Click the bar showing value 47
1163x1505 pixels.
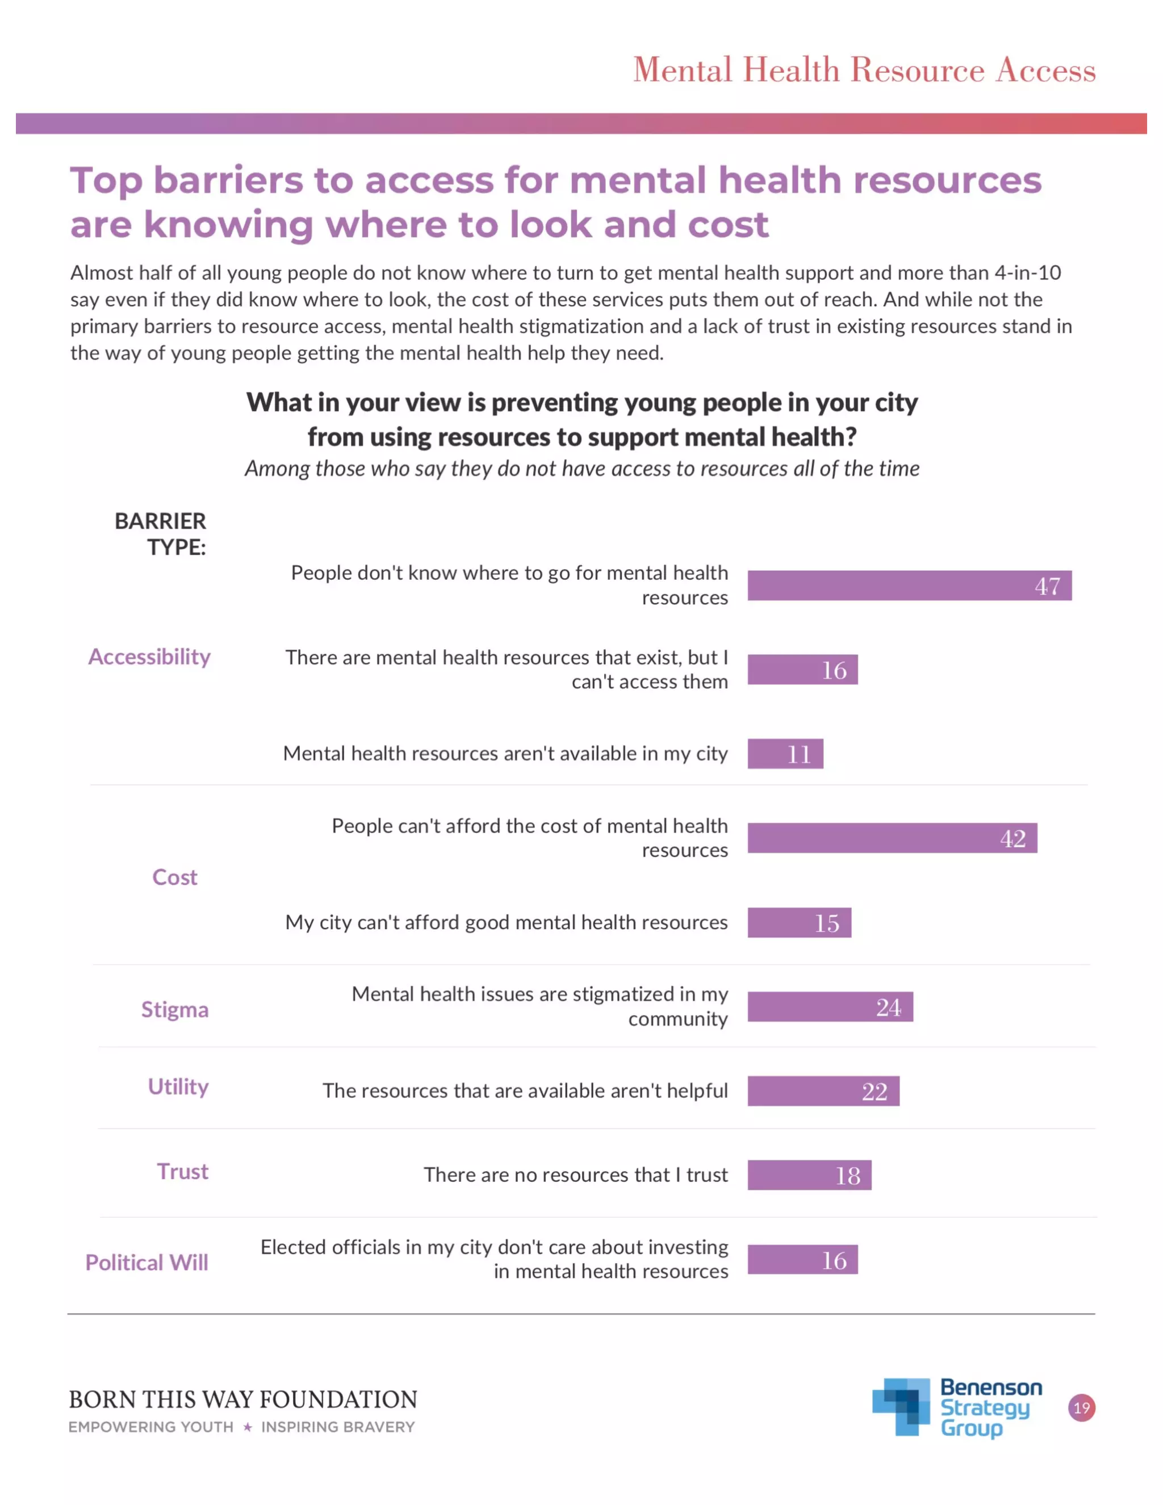[910, 586]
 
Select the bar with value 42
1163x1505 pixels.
[892, 838]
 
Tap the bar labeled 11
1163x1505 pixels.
[785, 753]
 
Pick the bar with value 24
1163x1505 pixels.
[830, 1007]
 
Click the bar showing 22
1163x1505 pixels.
[823, 1091]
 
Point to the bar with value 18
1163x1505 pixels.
[810, 1175]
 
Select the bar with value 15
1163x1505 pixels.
[799, 923]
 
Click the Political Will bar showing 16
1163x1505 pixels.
[802, 1260]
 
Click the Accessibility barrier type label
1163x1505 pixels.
[149, 657]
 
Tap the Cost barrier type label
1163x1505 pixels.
[175, 877]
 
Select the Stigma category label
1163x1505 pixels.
[175, 1010]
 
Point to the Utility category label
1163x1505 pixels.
[178, 1086]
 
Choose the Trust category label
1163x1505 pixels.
[183, 1172]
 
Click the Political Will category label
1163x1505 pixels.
[147, 1262]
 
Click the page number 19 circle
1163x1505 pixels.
[1082, 1408]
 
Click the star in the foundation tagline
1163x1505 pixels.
[248, 1427]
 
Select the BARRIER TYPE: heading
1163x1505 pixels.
[161, 534]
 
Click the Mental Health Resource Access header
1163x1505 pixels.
[864, 70]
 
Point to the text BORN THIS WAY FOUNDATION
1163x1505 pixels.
[243, 1399]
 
